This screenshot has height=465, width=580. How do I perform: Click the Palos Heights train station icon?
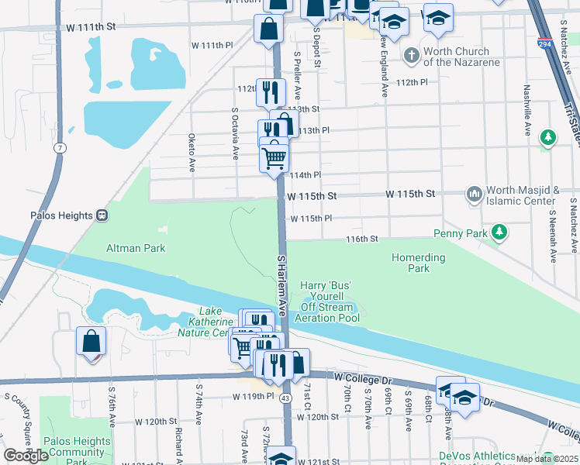point(102,215)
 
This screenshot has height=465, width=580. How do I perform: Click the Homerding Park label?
point(419,263)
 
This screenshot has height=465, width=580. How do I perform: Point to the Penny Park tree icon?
point(500,232)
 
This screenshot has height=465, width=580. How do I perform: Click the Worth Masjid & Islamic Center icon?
point(473,192)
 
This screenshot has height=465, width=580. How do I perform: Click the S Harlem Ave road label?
point(283,284)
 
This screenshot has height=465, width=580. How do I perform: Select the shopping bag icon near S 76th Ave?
point(91,340)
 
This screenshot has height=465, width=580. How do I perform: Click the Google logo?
point(26,456)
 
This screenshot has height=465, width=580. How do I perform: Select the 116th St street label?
point(361,239)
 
